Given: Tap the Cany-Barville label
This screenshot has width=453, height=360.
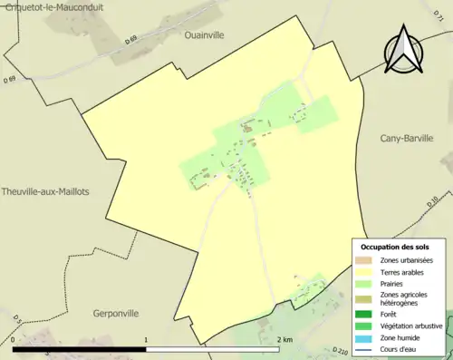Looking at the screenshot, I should coord(407,139).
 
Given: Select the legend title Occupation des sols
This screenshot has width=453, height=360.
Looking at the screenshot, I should coord(397,247).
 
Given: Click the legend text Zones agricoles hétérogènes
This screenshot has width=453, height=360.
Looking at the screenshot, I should coord(404,298).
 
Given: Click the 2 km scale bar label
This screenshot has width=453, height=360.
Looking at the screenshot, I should coord(284,340).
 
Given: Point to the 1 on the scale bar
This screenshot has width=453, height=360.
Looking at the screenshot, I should coord(146,340).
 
